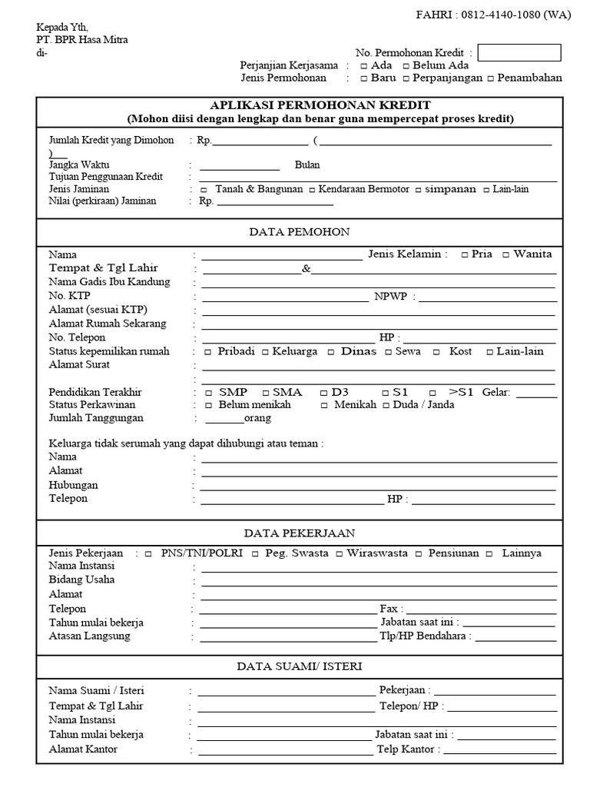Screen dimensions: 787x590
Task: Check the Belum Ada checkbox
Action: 406,66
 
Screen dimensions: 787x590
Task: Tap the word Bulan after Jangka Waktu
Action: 307,164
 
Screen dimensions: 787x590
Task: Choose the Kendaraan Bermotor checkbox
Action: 312,190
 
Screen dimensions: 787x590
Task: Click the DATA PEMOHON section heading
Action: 299,231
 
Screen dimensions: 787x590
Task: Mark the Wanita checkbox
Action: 505,254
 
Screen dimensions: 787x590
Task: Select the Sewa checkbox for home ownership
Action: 388,352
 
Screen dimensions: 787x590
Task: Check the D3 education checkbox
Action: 323,393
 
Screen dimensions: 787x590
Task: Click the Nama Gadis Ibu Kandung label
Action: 109,282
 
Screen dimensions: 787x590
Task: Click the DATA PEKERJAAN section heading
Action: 299,533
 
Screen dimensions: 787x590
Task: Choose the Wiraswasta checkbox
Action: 340,554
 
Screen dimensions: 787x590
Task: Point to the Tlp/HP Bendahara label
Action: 423,636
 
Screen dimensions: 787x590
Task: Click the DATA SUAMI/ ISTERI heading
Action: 299,666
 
